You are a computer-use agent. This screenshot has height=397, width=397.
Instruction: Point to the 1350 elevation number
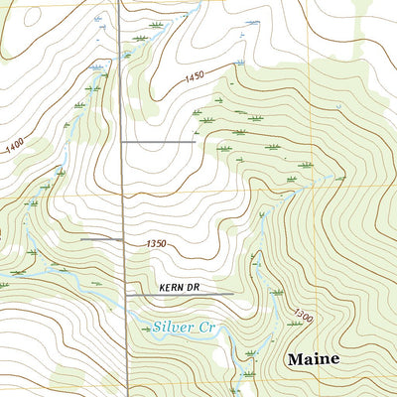pyautogui.click(x=154, y=243)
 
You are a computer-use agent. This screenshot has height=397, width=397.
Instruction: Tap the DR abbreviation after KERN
pyautogui.click(x=195, y=287)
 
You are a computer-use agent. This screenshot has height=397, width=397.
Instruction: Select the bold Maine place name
pyautogui.click(x=314, y=358)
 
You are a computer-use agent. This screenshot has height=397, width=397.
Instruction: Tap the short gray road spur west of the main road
pyautogui.click(x=101, y=239)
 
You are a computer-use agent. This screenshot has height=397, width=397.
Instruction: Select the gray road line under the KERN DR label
pyautogui.click(x=179, y=295)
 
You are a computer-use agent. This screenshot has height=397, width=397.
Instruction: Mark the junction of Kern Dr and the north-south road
pyautogui.click(x=125, y=295)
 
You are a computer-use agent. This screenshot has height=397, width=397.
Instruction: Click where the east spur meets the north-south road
pyautogui.click(x=122, y=143)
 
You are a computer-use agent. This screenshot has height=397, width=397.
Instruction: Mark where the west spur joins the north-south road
pyautogui.click(x=123, y=239)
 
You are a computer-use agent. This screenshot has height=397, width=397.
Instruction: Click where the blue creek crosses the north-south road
pyautogui.click(x=126, y=315)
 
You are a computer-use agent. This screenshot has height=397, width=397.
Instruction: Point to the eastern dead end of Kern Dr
pyautogui.click(x=233, y=295)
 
